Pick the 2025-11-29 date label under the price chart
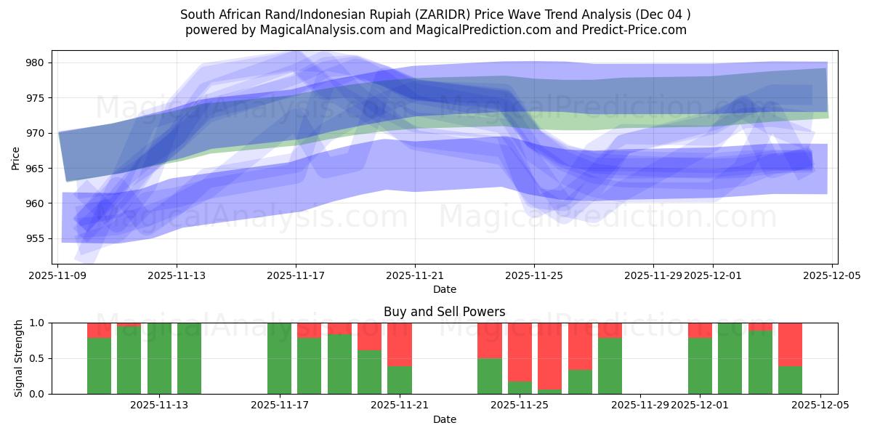click(653, 276)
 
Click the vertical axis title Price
click(16, 158)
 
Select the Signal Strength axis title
click(19, 358)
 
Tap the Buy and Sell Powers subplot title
click(444, 312)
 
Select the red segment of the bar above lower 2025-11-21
click(400, 344)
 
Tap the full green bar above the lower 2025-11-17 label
click(279, 358)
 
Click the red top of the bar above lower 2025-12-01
click(700, 330)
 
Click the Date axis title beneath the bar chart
click(444, 419)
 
